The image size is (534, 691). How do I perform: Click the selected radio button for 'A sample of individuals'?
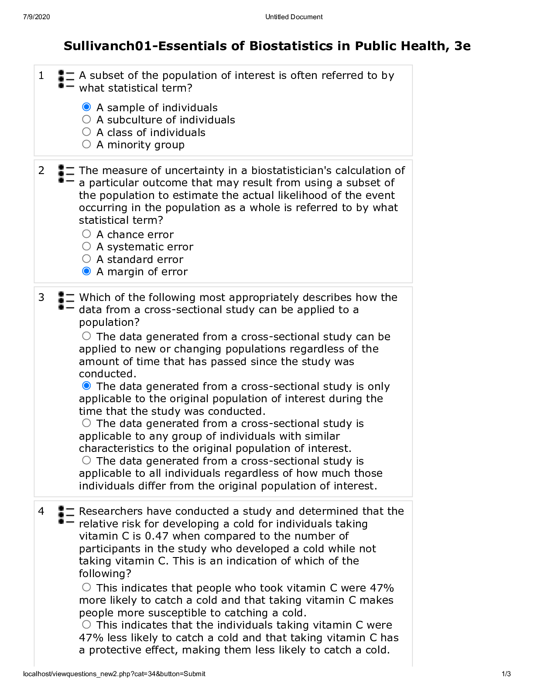[86, 107]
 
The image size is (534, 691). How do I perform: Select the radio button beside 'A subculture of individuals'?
[86, 119]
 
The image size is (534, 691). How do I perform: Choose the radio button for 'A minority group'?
[86, 144]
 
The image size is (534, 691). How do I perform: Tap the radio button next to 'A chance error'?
[86, 234]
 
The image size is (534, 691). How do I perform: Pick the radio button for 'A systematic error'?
[86, 246]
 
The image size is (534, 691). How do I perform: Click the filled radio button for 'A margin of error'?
[86, 271]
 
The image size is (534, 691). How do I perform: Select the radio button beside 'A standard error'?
[86, 259]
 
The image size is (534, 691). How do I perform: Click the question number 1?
[41, 76]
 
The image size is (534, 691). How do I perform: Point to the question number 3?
[41, 298]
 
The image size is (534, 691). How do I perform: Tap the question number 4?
[41, 511]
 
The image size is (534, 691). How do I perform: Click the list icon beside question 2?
[66, 174]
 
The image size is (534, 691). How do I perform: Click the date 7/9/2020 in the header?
[36, 17]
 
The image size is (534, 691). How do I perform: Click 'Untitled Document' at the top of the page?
[294, 17]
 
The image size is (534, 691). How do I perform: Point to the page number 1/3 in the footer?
[506, 674]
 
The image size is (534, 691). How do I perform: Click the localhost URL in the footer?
[114, 674]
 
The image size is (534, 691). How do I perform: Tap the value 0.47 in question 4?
[157, 536]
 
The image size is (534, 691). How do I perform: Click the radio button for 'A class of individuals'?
[86, 132]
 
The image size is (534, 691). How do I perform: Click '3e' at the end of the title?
[462, 46]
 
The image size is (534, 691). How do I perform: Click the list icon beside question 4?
[66, 515]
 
